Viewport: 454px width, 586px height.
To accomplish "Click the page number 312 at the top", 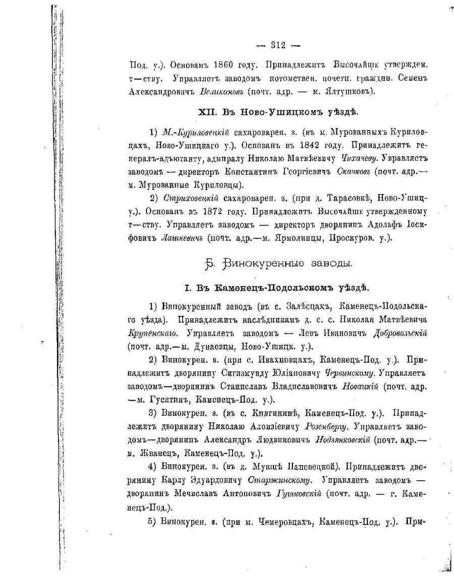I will (278, 45).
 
